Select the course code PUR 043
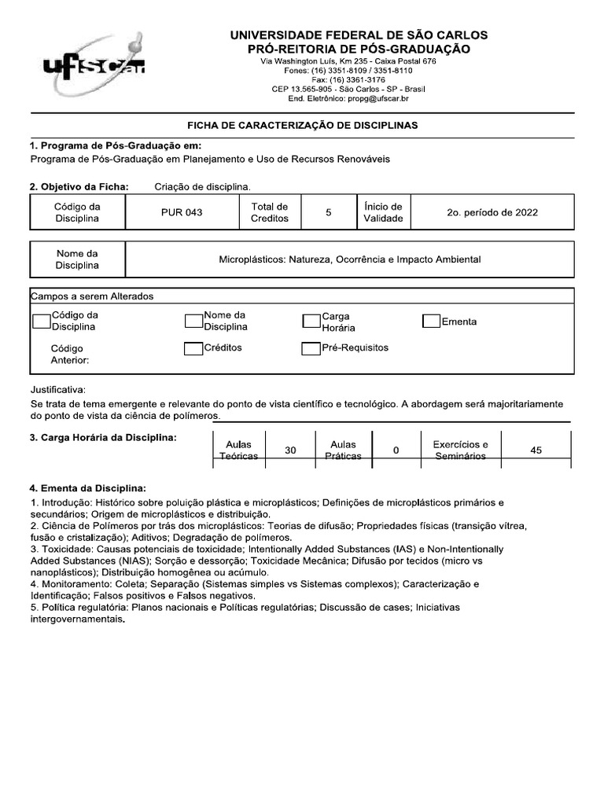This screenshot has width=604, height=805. [x=182, y=212]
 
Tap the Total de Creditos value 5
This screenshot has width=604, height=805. [x=328, y=212]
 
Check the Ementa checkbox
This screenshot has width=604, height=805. [x=431, y=321]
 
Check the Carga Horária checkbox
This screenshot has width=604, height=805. [x=311, y=321]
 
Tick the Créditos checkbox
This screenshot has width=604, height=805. [x=193, y=348]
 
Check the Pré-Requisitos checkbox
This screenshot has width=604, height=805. [x=311, y=348]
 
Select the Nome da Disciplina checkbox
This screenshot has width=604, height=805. [x=193, y=321]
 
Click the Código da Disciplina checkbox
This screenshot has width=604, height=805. [x=42, y=321]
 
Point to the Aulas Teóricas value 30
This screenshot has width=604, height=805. [x=290, y=450]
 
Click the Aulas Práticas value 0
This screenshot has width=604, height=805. [x=396, y=450]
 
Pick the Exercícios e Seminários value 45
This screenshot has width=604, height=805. [x=536, y=450]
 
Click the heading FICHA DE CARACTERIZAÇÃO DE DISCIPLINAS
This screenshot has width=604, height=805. [x=302, y=125]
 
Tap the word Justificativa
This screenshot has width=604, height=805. [x=57, y=390]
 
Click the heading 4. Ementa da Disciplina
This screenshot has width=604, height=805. [x=88, y=487]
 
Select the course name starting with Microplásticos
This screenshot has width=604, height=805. [x=349, y=259]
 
